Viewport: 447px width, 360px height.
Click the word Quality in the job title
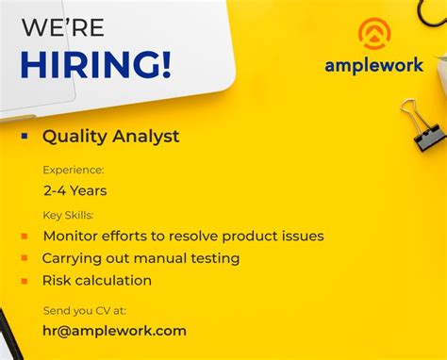click(73, 137)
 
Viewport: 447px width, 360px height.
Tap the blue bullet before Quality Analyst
click(25, 136)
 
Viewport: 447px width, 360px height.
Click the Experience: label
click(74, 170)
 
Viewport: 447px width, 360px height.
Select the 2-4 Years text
click(74, 190)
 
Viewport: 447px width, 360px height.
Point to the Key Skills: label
click(74, 215)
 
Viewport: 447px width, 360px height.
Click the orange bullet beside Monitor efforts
click(24, 236)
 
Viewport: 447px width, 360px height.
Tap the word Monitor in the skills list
click(71, 236)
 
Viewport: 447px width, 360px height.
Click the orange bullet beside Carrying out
click(24, 258)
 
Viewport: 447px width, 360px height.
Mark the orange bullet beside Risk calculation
click(24, 281)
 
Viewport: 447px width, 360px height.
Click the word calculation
click(114, 281)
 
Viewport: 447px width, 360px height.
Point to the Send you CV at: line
click(84, 310)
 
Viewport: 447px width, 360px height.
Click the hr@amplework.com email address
click(114, 331)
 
